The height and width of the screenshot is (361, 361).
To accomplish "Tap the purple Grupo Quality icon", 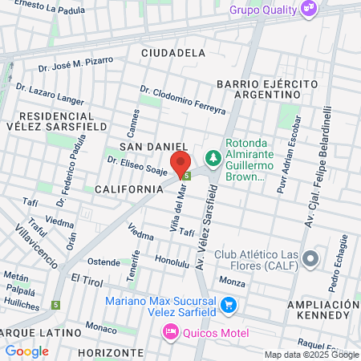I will [309, 9].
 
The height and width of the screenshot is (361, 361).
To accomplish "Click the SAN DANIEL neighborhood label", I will [147, 147].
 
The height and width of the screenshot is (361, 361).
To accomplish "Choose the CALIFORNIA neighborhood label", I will [129, 189].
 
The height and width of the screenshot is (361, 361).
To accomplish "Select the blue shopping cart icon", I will [229, 304].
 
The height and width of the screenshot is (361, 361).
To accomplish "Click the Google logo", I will [26, 351].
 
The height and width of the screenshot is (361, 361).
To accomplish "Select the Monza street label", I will [232, 282].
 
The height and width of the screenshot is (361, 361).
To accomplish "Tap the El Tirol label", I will [87, 278].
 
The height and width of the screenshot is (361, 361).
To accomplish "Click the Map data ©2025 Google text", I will [312, 355].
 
